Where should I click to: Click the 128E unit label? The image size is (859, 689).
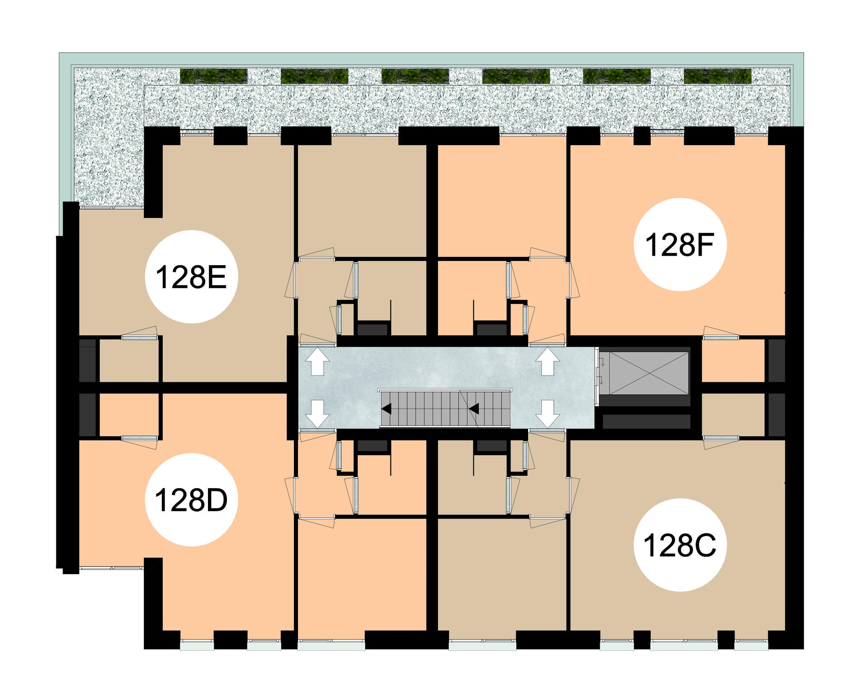191,277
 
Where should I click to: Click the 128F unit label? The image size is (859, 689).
680,245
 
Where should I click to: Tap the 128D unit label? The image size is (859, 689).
191,500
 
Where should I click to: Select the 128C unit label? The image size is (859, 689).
680,545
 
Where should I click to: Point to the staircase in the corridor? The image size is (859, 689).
445,409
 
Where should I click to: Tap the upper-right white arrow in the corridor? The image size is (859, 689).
547,361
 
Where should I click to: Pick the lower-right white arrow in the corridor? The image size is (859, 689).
547,414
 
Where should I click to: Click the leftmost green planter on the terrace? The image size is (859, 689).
214,76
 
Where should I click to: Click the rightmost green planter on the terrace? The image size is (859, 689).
717,76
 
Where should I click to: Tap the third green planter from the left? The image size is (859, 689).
415,76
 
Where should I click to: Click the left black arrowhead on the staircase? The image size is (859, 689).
386,409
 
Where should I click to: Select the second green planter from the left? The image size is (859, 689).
314,76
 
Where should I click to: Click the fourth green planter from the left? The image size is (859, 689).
516,76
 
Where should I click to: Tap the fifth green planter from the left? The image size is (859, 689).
617,76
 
